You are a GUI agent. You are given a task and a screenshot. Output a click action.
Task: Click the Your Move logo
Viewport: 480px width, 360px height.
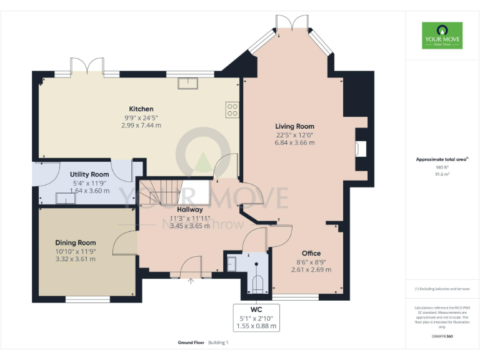coord(442,36)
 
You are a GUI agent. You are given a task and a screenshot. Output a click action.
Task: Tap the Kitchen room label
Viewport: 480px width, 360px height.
coord(141,109)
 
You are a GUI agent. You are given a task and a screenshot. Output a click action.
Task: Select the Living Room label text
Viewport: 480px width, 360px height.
coord(294,126)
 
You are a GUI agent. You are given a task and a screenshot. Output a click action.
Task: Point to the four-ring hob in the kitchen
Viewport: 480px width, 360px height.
coord(232,110)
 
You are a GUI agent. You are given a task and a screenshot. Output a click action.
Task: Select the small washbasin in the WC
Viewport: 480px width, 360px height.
coord(232,263)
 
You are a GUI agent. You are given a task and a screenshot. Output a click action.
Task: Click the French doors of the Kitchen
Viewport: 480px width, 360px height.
coord(87,66)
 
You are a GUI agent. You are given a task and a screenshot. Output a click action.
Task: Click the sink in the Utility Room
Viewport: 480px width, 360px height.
coord(66,197)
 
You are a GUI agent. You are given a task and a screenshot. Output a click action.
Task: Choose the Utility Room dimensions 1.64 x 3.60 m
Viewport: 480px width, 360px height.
coord(89,191)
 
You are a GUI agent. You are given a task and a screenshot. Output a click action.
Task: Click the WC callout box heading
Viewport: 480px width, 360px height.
coord(257,309)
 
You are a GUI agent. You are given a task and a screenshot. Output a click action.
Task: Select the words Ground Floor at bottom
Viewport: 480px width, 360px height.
coord(190,342)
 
